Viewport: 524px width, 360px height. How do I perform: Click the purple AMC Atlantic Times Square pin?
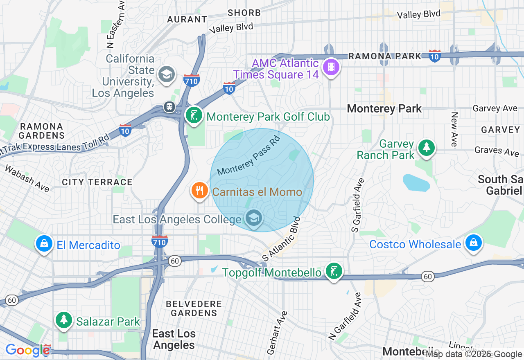pyautogui.click(x=331, y=67)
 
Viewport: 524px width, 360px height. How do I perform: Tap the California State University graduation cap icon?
pyautogui.click(x=167, y=74)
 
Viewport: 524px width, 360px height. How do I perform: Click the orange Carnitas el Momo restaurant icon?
pyautogui.click(x=199, y=191)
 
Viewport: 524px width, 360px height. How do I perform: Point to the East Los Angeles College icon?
pyautogui.click(x=254, y=218)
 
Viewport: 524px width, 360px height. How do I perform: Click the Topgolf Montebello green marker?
pyautogui.click(x=334, y=271)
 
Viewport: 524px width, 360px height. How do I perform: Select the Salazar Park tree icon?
pyautogui.click(x=64, y=320)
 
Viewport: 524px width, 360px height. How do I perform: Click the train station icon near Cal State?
pyautogui.click(x=169, y=107)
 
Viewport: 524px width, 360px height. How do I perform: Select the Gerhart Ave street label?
pyautogui.click(x=278, y=332)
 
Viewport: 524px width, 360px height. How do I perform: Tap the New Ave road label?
pyautogui.click(x=454, y=129)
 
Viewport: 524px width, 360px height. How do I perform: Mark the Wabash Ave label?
pyautogui.click(x=27, y=178)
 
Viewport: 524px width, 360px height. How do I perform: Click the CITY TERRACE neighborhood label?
pyautogui.click(x=97, y=182)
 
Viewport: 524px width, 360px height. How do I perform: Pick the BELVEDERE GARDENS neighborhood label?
pyautogui.click(x=194, y=308)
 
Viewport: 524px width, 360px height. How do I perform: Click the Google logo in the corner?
pyautogui.click(x=28, y=350)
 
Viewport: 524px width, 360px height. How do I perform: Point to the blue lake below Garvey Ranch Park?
pyautogui.click(x=416, y=183)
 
